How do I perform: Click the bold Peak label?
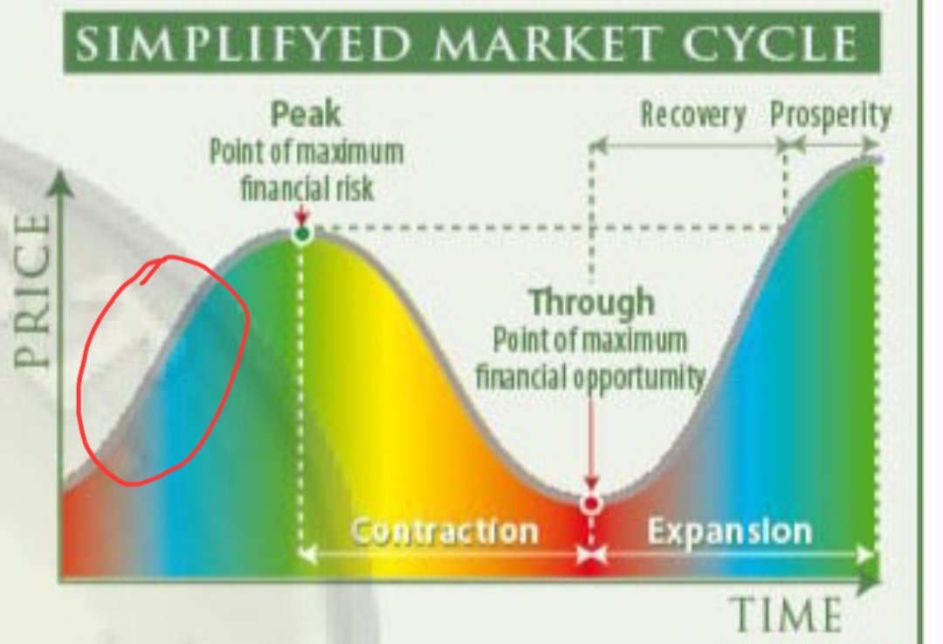tap(305, 113)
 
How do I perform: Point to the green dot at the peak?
tap(302, 233)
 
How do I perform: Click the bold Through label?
tap(591, 303)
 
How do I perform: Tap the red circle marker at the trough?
tap(591, 504)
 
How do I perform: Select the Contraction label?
tap(444, 531)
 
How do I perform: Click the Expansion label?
tap(729, 531)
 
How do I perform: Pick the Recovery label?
tap(693, 115)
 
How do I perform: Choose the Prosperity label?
tap(830, 115)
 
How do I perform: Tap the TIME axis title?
tap(785, 614)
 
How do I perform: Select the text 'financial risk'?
tap(306, 188)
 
